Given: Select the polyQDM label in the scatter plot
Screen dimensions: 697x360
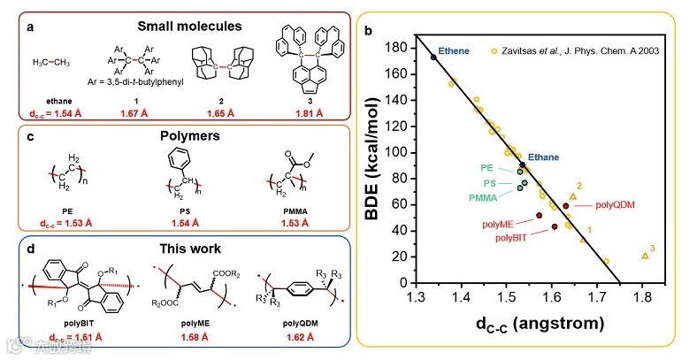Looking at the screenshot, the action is (617, 203).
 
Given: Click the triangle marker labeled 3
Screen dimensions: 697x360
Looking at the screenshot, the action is (645, 256).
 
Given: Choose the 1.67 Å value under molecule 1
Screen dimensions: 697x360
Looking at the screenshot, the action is (133, 112).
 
